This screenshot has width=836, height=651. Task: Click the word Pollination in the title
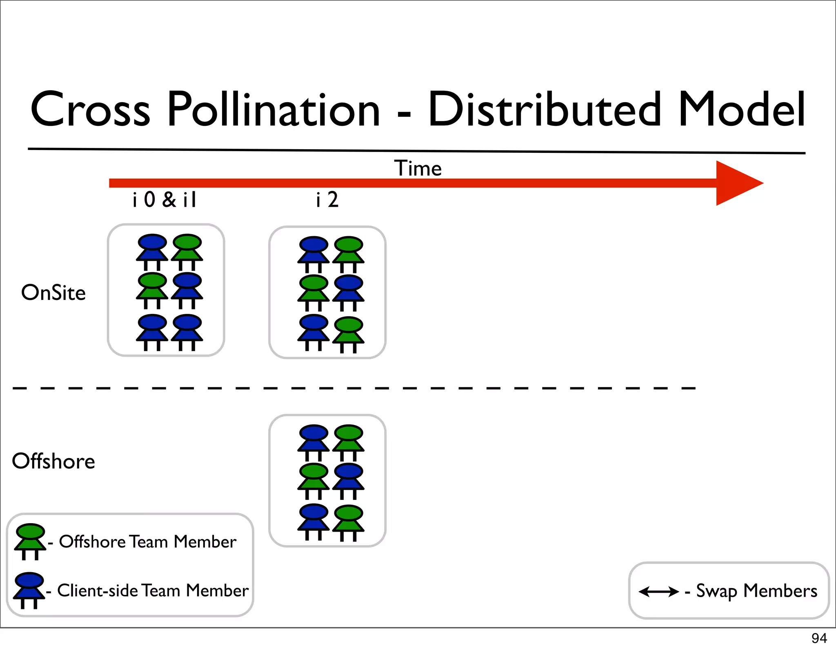[273, 110]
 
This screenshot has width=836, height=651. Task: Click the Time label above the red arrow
[418, 168]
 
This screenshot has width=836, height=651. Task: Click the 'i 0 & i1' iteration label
[165, 200]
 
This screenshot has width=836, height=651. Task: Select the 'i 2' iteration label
[327, 200]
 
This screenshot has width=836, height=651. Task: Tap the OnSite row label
[53, 293]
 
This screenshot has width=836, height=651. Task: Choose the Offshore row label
[53, 461]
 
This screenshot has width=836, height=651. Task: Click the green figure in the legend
[30, 541]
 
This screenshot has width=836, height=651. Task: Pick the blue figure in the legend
[29, 590]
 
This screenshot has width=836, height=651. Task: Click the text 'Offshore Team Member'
[148, 542]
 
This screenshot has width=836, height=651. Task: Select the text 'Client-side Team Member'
[153, 591]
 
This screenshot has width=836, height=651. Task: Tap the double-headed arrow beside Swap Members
[658, 591]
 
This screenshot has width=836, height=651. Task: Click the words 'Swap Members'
[756, 591]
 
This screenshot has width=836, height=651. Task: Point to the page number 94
[819, 638]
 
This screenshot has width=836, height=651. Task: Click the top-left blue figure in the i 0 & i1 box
[152, 251]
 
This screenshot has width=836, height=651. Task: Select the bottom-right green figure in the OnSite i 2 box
[349, 334]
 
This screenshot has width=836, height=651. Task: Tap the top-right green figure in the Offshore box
[349, 442]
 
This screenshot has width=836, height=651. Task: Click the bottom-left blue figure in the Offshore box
[313, 521]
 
